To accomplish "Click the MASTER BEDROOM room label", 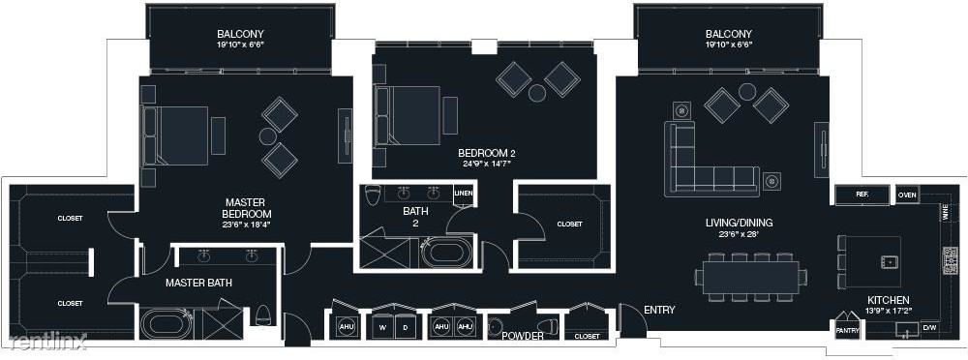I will [245, 208].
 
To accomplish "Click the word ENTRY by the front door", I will [657, 310].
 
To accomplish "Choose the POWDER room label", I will [522, 336].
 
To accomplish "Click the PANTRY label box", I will [846, 330].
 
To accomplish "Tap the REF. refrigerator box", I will [862, 195].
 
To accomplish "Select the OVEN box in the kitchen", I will [906, 195].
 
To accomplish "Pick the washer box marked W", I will [382, 327].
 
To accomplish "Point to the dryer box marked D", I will [407, 327].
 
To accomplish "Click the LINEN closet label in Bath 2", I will [464, 194].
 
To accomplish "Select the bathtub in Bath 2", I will [446, 254].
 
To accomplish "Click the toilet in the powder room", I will [550, 326].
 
